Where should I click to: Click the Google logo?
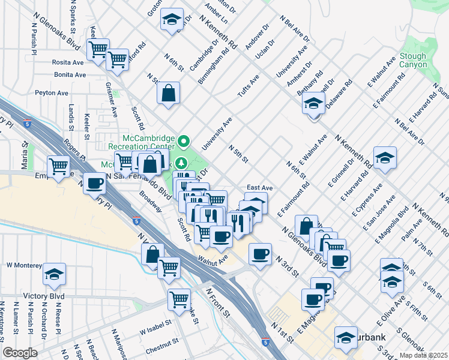pos(20,353)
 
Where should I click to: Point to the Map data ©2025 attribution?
pos(423,355)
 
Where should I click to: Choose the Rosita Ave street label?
pos(68,62)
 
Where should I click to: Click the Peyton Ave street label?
pos(52,93)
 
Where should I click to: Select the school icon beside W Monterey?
pos(55,274)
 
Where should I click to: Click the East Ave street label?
pos(259,188)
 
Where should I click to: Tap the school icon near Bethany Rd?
pos(312,105)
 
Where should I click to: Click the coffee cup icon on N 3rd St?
pos(260,254)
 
